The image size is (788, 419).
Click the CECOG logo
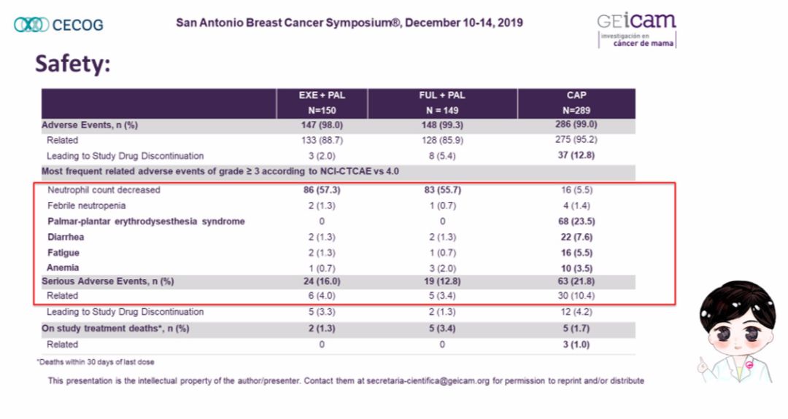point(58,25)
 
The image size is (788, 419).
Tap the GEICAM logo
point(637,30)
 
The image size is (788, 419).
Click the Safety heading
point(72,64)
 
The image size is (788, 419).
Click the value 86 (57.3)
point(322,189)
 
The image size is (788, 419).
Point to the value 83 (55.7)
point(442,189)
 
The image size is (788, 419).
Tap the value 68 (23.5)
point(576,222)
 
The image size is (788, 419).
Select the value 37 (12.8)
point(576,155)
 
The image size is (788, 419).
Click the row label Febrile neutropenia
point(86,205)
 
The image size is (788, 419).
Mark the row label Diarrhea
point(66,237)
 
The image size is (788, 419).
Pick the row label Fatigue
point(63,252)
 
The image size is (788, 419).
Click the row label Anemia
point(63,268)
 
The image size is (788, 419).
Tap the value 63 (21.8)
point(576,281)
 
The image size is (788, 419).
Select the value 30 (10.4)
point(576,296)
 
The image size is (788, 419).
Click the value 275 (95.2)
point(576,139)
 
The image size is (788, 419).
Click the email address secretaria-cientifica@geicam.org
point(428,381)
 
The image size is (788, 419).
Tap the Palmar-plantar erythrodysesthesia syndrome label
point(146,222)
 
